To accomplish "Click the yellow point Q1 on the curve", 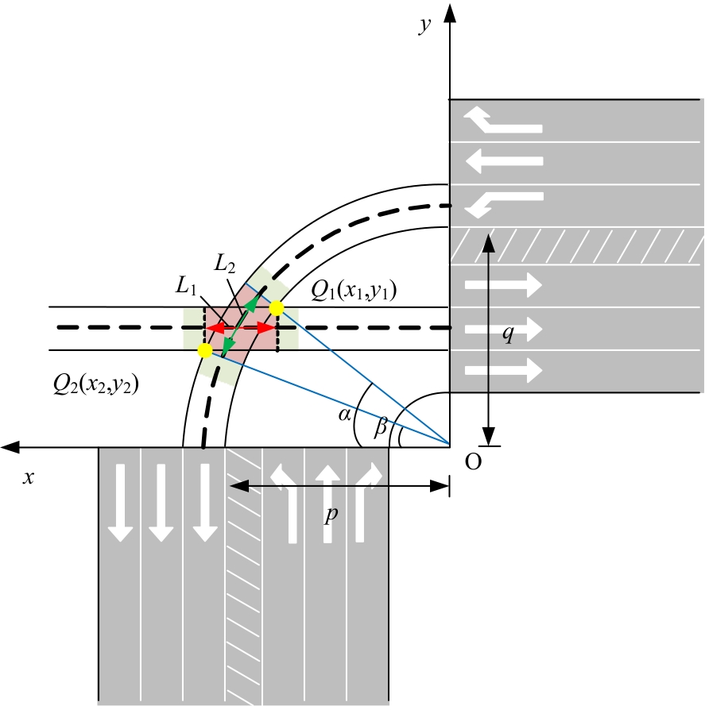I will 277,307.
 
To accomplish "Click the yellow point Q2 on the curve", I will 204,349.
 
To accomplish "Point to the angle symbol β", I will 381,426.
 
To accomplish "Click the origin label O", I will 472,462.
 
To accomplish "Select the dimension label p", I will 331,515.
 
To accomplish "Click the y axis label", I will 426,24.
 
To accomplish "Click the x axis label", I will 29,477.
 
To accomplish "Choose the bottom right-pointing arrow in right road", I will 503,369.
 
